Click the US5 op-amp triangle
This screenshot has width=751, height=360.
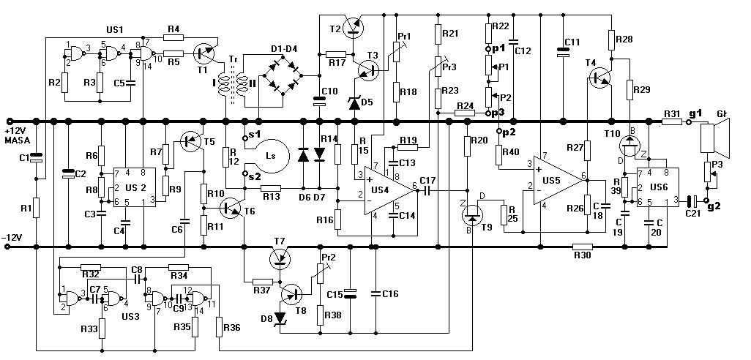point(559,181)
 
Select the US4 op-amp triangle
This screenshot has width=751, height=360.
point(389,190)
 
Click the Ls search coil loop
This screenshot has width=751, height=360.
point(271,156)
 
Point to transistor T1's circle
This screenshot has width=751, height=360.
point(203,53)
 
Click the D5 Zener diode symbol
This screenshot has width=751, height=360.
point(354,102)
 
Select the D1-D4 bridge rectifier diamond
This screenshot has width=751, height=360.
point(282,75)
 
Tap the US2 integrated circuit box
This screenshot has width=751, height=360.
point(135,187)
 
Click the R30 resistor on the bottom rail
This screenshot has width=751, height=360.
point(583,247)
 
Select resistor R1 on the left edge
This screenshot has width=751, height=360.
point(36,208)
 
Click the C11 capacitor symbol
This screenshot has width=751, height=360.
point(563,52)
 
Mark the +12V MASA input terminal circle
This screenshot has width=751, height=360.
point(8,121)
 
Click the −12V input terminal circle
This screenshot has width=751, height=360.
point(7,247)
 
